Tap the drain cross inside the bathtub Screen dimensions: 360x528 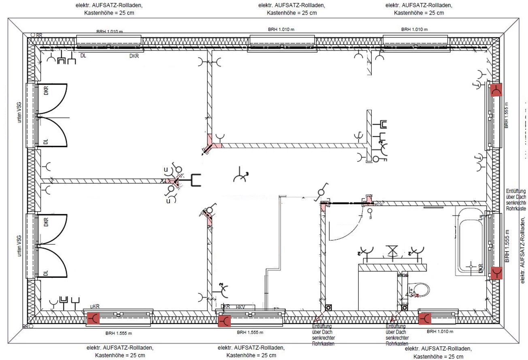coord(470,266)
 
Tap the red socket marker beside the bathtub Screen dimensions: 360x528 coord(496,273)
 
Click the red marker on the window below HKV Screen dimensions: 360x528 coord(224,322)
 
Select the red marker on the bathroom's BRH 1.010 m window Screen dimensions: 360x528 coord(424,319)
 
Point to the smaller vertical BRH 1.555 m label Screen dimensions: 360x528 coord(506,117)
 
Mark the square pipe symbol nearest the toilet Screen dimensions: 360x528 coord(404,307)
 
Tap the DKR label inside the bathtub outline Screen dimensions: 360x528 coord(481,268)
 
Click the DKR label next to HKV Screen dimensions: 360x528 coord(226,307)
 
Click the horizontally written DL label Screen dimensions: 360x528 coord(83,55)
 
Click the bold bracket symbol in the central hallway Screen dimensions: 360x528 coord(196,181)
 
